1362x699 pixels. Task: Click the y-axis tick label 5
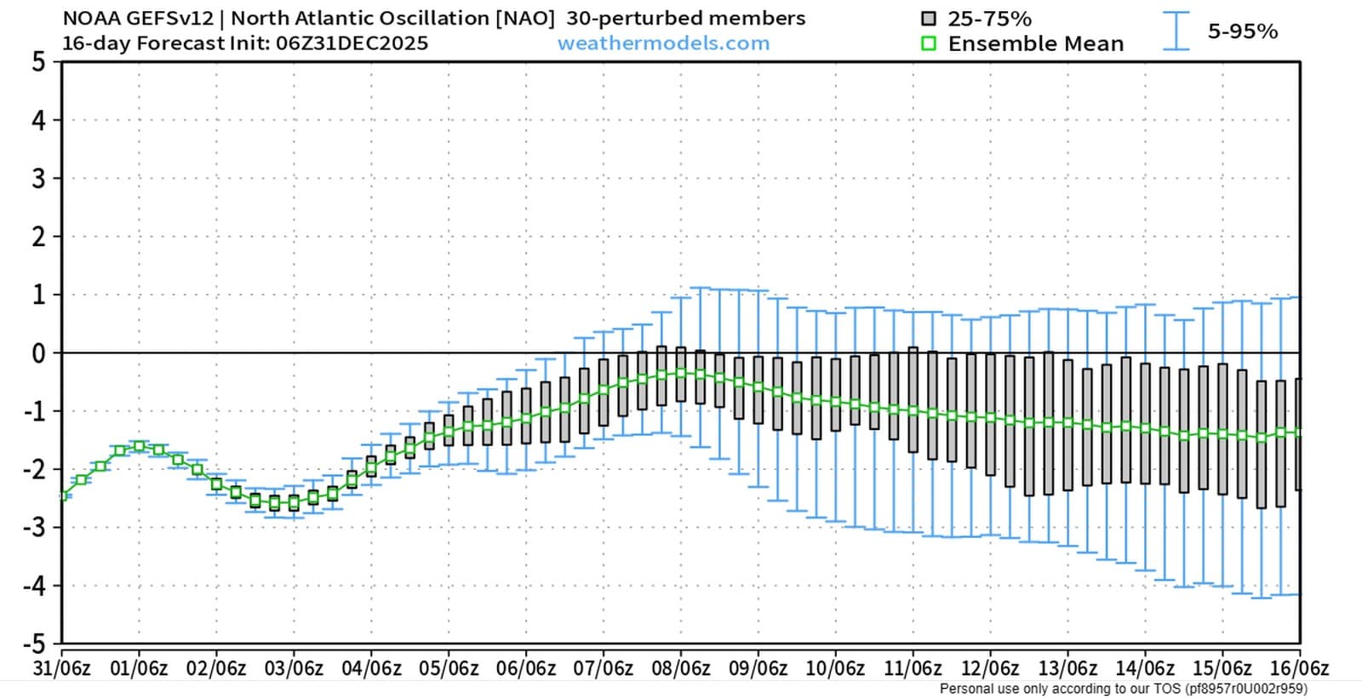pyautogui.click(x=39, y=62)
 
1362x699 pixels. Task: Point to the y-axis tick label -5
pyautogui.click(x=35, y=643)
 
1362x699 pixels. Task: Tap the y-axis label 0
pyautogui.click(x=39, y=353)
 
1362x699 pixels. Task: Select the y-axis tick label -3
pyautogui.click(x=35, y=528)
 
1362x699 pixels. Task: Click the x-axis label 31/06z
pyautogui.click(x=61, y=668)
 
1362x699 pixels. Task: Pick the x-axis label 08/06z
pyautogui.click(x=681, y=668)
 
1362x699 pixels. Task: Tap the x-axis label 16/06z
pyautogui.click(x=1299, y=668)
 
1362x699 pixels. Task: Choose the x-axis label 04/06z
pyautogui.click(x=371, y=668)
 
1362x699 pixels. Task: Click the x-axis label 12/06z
pyautogui.click(x=990, y=668)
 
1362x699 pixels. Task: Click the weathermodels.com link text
pyautogui.click(x=663, y=43)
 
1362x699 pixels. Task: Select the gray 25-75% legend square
pyautogui.click(x=929, y=19)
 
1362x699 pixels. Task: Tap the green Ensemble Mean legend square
pyautogui.click(x=929, y=43)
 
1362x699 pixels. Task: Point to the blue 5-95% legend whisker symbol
pyautogui.click(x=1176, y=31)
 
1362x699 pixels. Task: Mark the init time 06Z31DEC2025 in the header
pyautogui.click(x=352, y=43)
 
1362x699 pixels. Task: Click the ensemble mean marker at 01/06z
pyautogui.click(x=140, y=446)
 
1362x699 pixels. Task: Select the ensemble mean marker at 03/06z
pyautogui.click(x=294, y=503)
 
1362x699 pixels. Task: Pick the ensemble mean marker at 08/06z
pyautogui.click(x=681, y=373)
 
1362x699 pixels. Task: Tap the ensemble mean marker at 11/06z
pyautogui.click(x=913, y=410)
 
